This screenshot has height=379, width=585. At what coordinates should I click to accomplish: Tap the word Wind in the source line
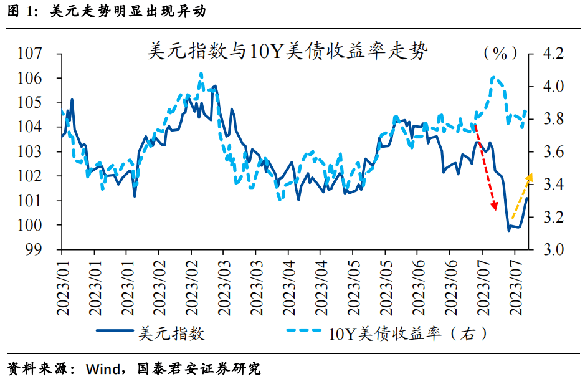(x=92, y=368)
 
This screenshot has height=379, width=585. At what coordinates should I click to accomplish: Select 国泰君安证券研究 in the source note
(x=199, y=368)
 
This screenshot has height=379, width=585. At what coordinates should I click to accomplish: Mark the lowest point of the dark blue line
(x=508, y=231)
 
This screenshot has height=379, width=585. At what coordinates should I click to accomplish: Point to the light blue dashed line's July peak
(x=494, y=77)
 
